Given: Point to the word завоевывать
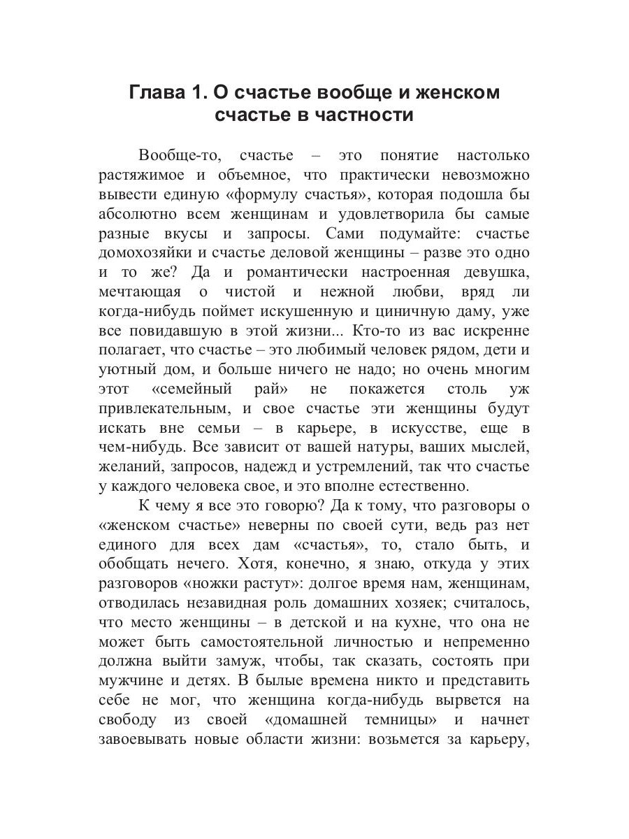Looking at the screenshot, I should click(145, 739).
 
